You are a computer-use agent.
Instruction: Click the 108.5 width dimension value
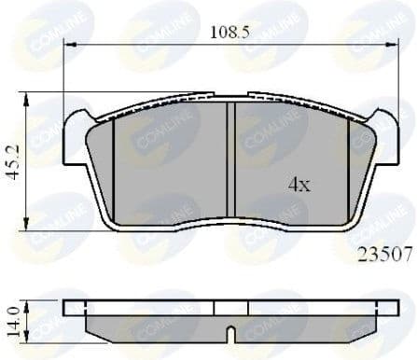tap(229, 31)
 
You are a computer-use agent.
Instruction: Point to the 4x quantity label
tap(299, 185)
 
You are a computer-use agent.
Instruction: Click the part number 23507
tap(382, 251)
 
